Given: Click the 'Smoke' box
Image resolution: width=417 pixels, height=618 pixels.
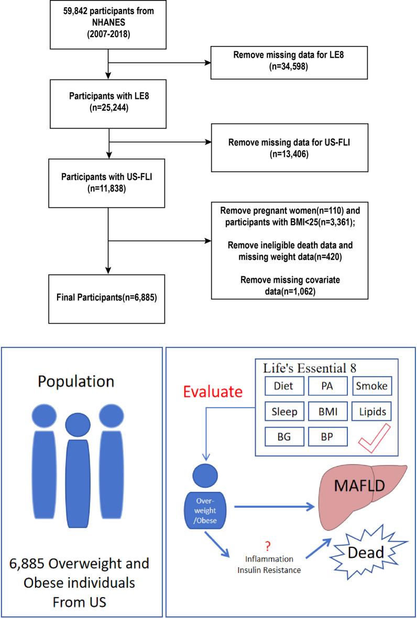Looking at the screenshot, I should pyautogui.click(x=372, y=386).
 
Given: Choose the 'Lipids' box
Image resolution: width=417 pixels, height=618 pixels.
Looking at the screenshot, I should pyautogui.click(x=372, y=412).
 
